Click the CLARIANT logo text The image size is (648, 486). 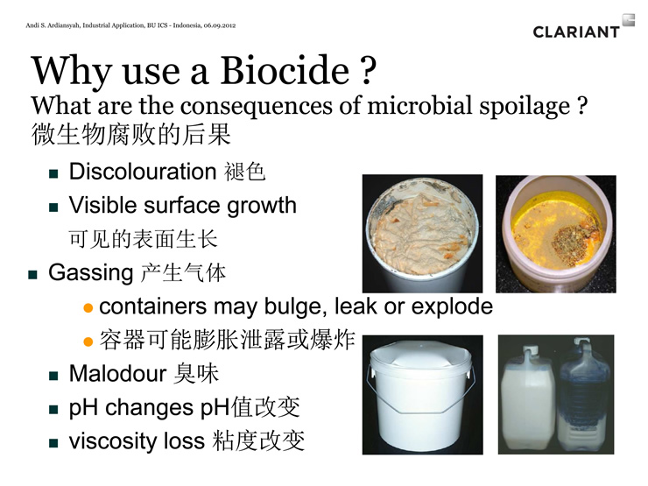[576, 32]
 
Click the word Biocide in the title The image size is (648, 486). [285, 70]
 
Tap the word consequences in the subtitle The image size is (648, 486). [257, 105]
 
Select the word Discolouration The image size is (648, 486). [143, 171]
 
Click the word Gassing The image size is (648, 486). [90, 273]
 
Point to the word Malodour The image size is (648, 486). [117, 373]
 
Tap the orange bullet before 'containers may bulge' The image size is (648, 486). [88, 308]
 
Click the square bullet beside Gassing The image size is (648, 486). [32, 275]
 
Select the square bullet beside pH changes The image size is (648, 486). [53, 410]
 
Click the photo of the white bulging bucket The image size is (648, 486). [422, 395]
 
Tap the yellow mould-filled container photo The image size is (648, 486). [556, 234]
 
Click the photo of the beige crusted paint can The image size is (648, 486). [422, 234]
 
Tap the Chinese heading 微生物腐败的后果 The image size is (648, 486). [130, 134]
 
